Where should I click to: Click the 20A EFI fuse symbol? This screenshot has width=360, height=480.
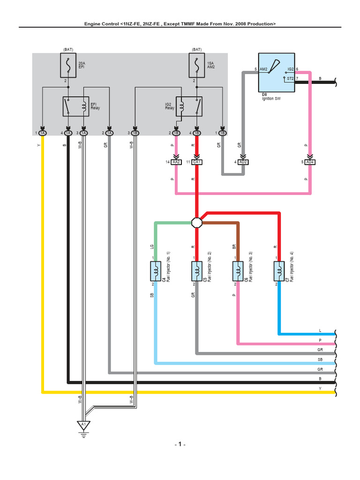tap(68, 66)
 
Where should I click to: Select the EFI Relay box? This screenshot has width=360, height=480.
tap(75, 106)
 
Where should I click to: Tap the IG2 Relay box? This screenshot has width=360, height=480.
tap(189, 106)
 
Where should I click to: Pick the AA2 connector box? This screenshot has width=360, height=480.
tap(176, 162)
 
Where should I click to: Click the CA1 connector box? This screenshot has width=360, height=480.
tap(197, 162)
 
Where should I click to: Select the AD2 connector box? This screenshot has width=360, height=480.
tap(243, 162)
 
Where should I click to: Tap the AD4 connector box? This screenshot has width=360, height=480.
tap(309, 162)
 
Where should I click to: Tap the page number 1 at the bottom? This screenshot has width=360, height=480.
tap(180, 444)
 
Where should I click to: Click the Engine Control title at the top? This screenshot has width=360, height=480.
tap(180, 23)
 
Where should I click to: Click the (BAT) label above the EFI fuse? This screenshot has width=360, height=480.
tap(68, 49)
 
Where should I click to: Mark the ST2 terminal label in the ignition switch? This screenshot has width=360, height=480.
tap(290, 78)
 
